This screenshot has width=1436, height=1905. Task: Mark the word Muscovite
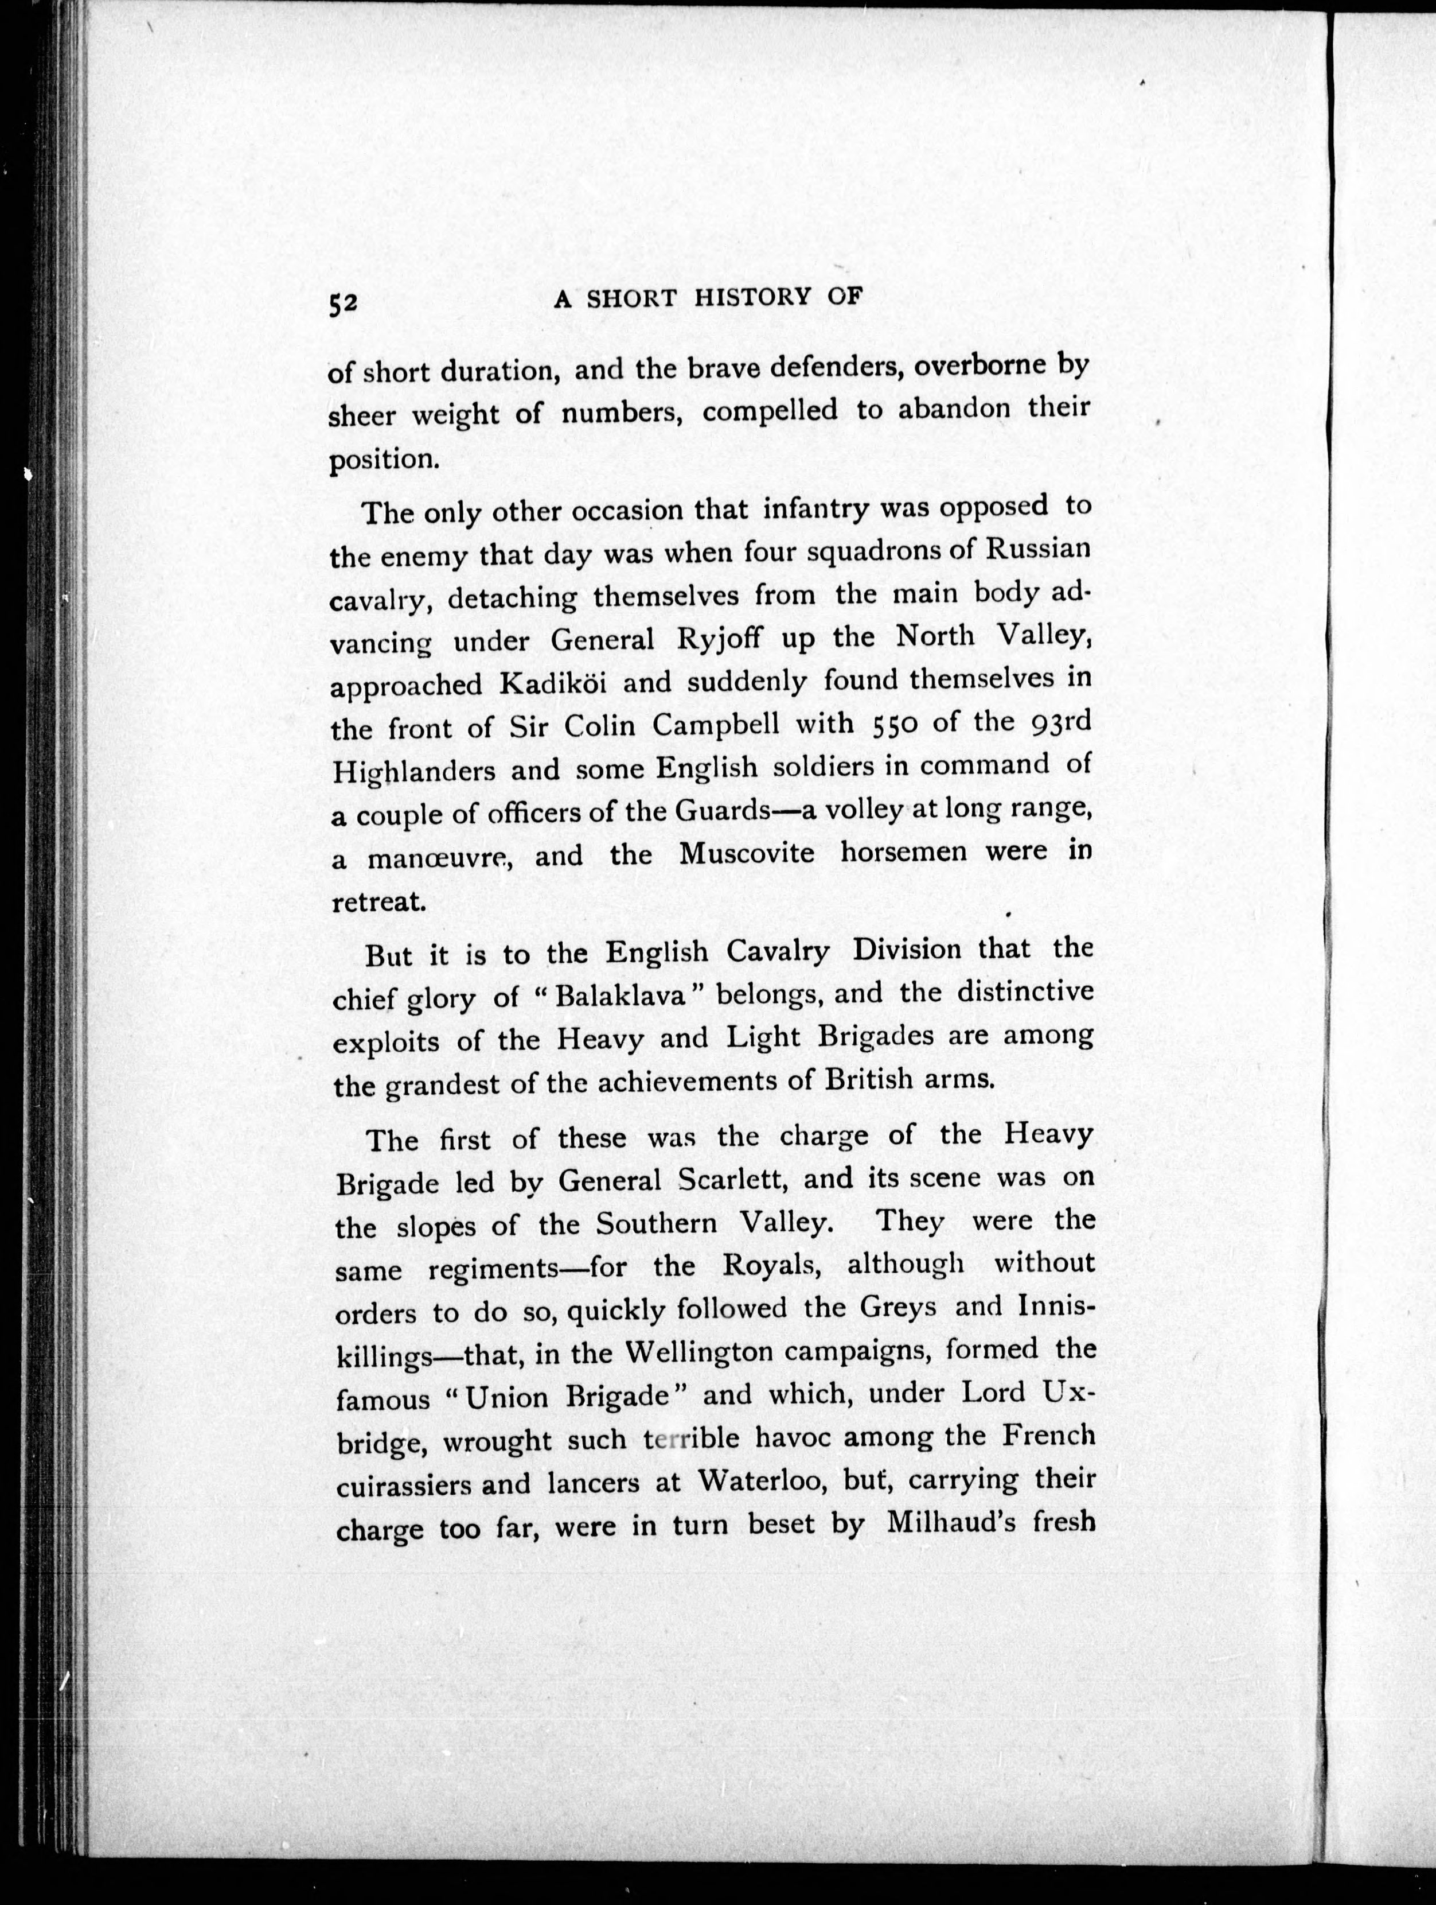pyautogui.click(x=747, y=854)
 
